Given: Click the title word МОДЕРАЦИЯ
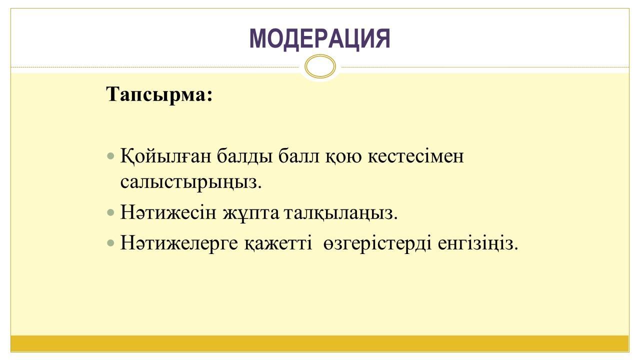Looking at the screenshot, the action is click(x=319, y=38).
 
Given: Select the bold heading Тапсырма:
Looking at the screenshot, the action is click(x=159, y=95).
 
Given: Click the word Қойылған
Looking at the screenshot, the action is click(x=165, y=156).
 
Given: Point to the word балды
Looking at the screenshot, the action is click(x=244, y=156).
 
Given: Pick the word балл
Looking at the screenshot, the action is click(x=298, y=156).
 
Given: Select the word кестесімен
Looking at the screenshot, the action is click(x=415, y=156).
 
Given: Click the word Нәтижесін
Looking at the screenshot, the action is click(x=168, y=212).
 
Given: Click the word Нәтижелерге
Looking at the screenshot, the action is click(x=179, y=243).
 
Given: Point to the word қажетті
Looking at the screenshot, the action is click(x=278, y=243).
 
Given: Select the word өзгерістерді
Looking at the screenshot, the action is click(x=377, y=243).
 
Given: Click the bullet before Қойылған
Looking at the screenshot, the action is click(x=110, y=156).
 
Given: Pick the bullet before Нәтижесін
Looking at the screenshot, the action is click(x=110, y=212).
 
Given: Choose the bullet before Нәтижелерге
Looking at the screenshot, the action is click(x=110, y=243).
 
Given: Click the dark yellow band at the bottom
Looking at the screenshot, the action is click(x=319, y=343).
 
